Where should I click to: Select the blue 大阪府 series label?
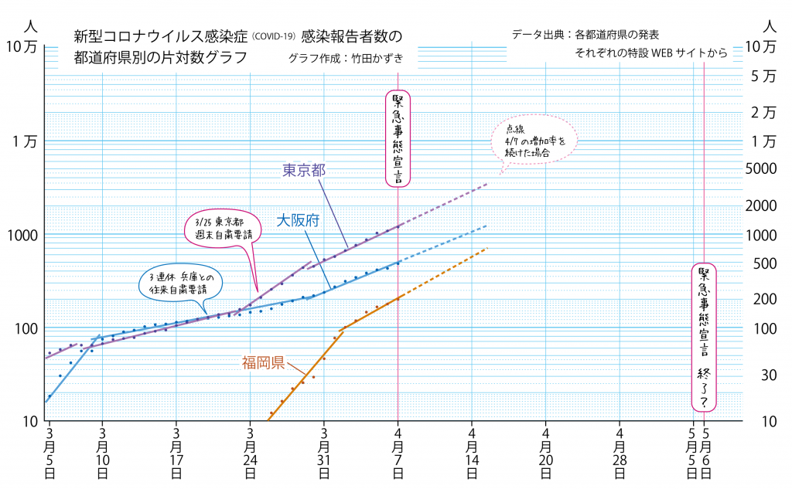(299, 221)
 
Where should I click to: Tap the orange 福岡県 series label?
(263, 361)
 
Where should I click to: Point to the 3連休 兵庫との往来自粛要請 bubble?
(180, 283)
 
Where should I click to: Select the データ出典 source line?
(585, 35)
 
